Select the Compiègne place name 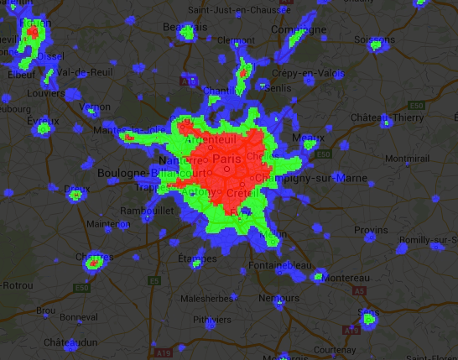(x=299, y=29)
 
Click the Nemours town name (x=278, y=298)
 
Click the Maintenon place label (x=108, y=224)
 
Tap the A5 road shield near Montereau (x=361, y=290)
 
